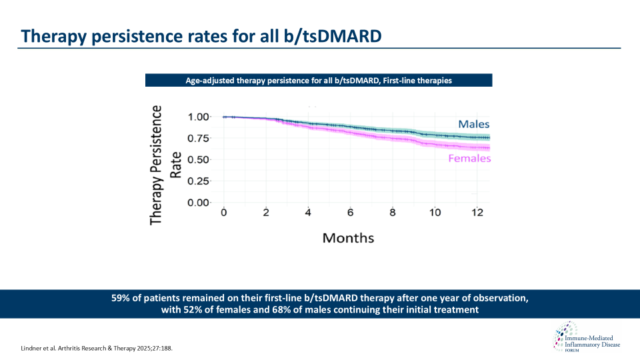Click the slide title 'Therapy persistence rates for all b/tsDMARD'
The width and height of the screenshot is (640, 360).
[201, 35]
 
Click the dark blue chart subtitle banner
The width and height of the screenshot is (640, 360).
[319, 80]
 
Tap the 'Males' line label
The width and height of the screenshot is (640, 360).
[473, 124]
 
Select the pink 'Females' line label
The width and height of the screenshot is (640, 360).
[469, 159]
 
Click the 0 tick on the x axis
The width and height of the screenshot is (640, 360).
[224, 213]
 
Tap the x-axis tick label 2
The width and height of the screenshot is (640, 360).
[266, 213]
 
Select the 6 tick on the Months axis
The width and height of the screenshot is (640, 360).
[351, 213]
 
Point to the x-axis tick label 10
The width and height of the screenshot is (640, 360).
[435, 213]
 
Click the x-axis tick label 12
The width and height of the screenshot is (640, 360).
[477, 213]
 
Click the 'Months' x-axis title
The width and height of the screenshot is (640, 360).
[348, 238]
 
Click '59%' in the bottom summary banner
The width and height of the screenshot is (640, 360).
[123, 298]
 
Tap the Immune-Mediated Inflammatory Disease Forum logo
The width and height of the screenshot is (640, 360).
[585, 339]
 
